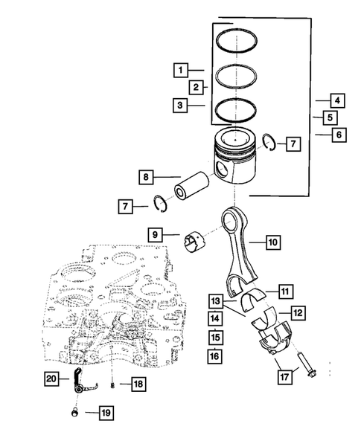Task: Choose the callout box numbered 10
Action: tap(272, 241)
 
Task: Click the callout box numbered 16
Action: tap(215, 357)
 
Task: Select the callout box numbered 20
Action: tap(50, 379)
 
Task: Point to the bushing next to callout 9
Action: tap(196, 241)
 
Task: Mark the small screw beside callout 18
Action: tap(112, 384)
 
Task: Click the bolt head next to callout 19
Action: tap(74, 410)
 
